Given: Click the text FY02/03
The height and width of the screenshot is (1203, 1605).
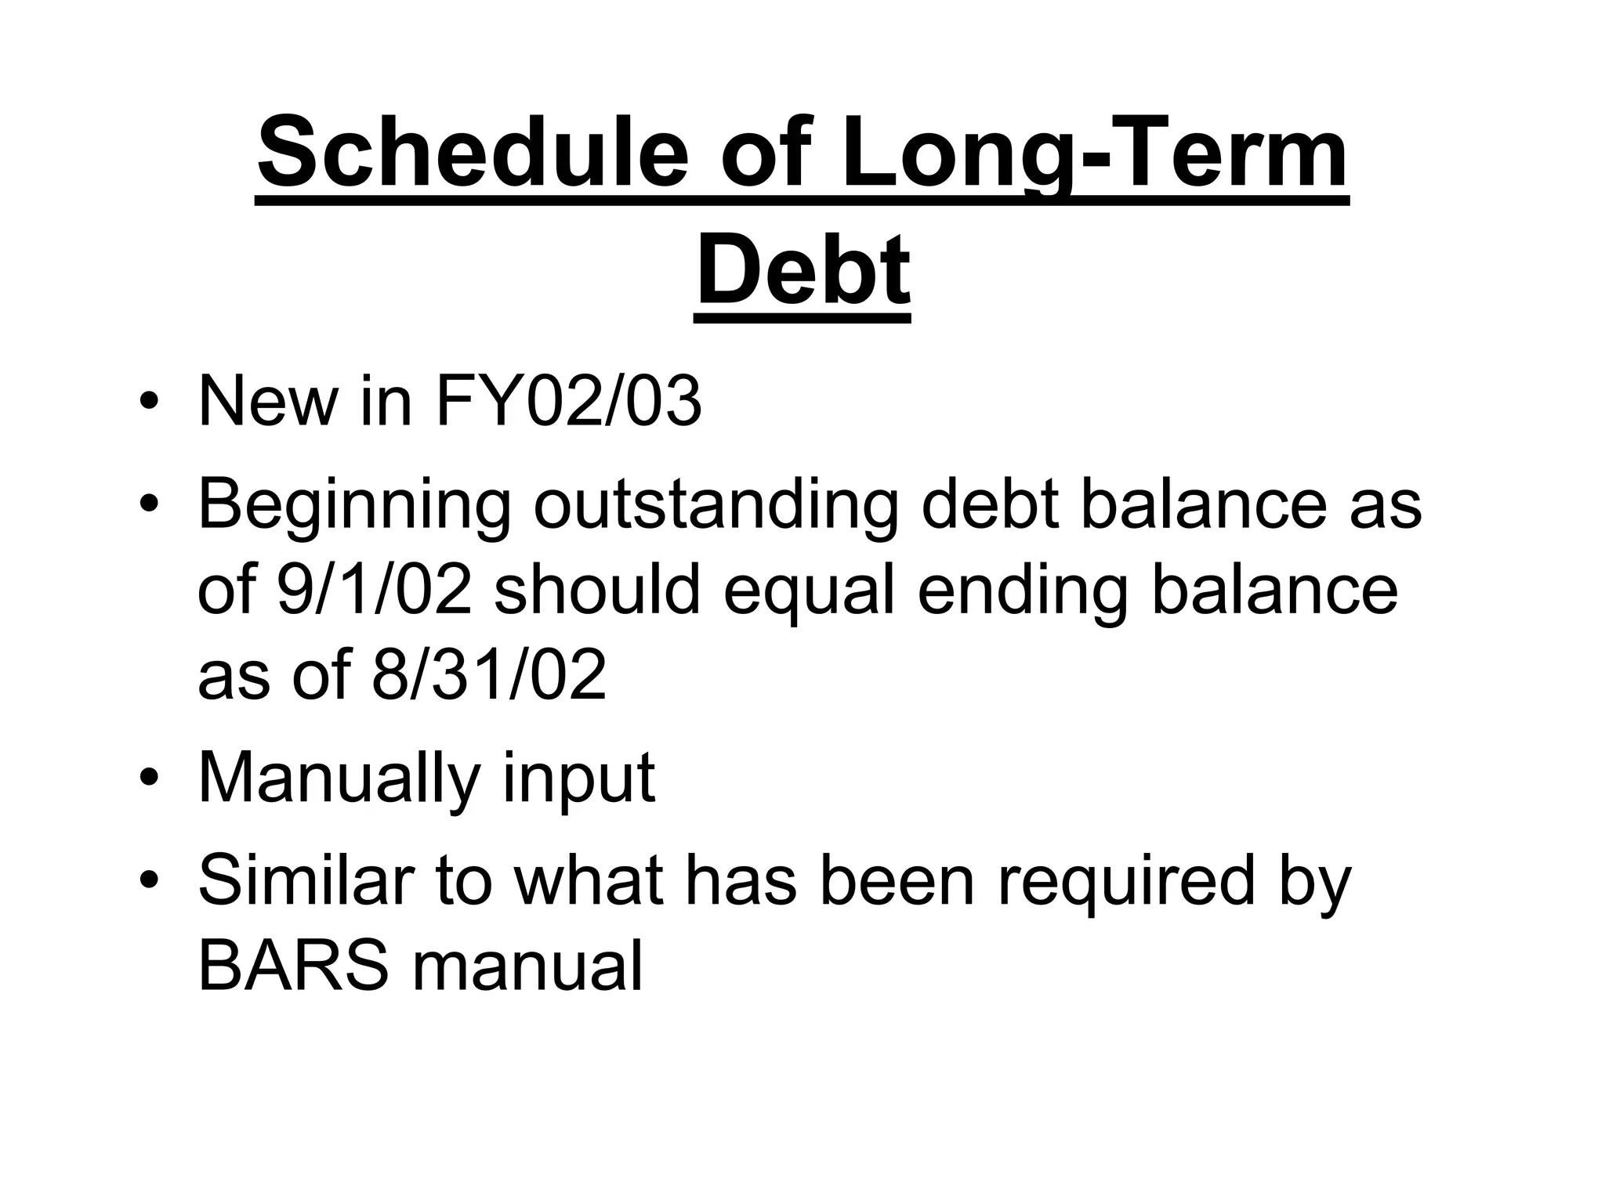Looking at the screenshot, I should pos(567,402).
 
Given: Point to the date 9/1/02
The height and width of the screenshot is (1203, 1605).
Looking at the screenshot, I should pos(375,589).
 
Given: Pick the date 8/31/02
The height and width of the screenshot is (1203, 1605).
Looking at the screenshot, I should pos(489,674).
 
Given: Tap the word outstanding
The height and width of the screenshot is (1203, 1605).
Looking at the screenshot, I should pos(716,504).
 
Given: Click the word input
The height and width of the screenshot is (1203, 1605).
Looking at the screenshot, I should pos(578,778).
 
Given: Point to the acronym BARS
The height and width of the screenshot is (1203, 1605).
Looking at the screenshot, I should pos(293,965).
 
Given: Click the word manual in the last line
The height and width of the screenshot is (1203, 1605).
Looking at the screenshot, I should pos(527,965).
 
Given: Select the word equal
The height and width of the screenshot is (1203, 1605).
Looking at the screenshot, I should pos(809,589).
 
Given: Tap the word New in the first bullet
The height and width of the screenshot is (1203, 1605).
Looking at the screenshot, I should pos(266,402).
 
